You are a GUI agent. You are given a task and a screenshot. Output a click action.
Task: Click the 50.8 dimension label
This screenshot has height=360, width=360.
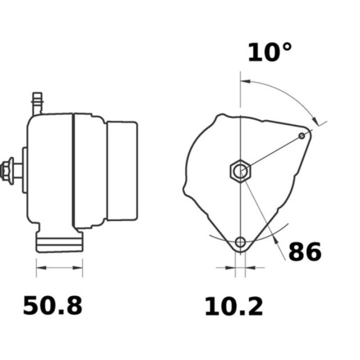(x=53, y=306)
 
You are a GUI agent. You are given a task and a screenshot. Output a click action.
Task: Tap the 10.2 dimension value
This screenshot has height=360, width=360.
(x=234, y=307)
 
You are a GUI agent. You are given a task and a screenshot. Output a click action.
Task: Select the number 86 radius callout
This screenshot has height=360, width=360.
(x=305, y=252)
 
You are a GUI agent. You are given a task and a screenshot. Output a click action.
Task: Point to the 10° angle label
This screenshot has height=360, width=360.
(x=270, y=53)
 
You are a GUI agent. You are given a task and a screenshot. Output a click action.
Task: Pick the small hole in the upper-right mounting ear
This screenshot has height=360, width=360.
(x=302, y=135)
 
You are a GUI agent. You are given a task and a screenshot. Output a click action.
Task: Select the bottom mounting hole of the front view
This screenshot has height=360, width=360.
(x=241, y=242)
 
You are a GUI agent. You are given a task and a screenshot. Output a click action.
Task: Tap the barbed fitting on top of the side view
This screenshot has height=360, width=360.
(x=37, y=103)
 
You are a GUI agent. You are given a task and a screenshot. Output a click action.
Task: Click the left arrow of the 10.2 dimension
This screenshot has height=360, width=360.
(x=231, y=268)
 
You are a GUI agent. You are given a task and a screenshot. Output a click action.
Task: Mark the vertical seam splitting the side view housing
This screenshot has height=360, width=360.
(x=73, y=171)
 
